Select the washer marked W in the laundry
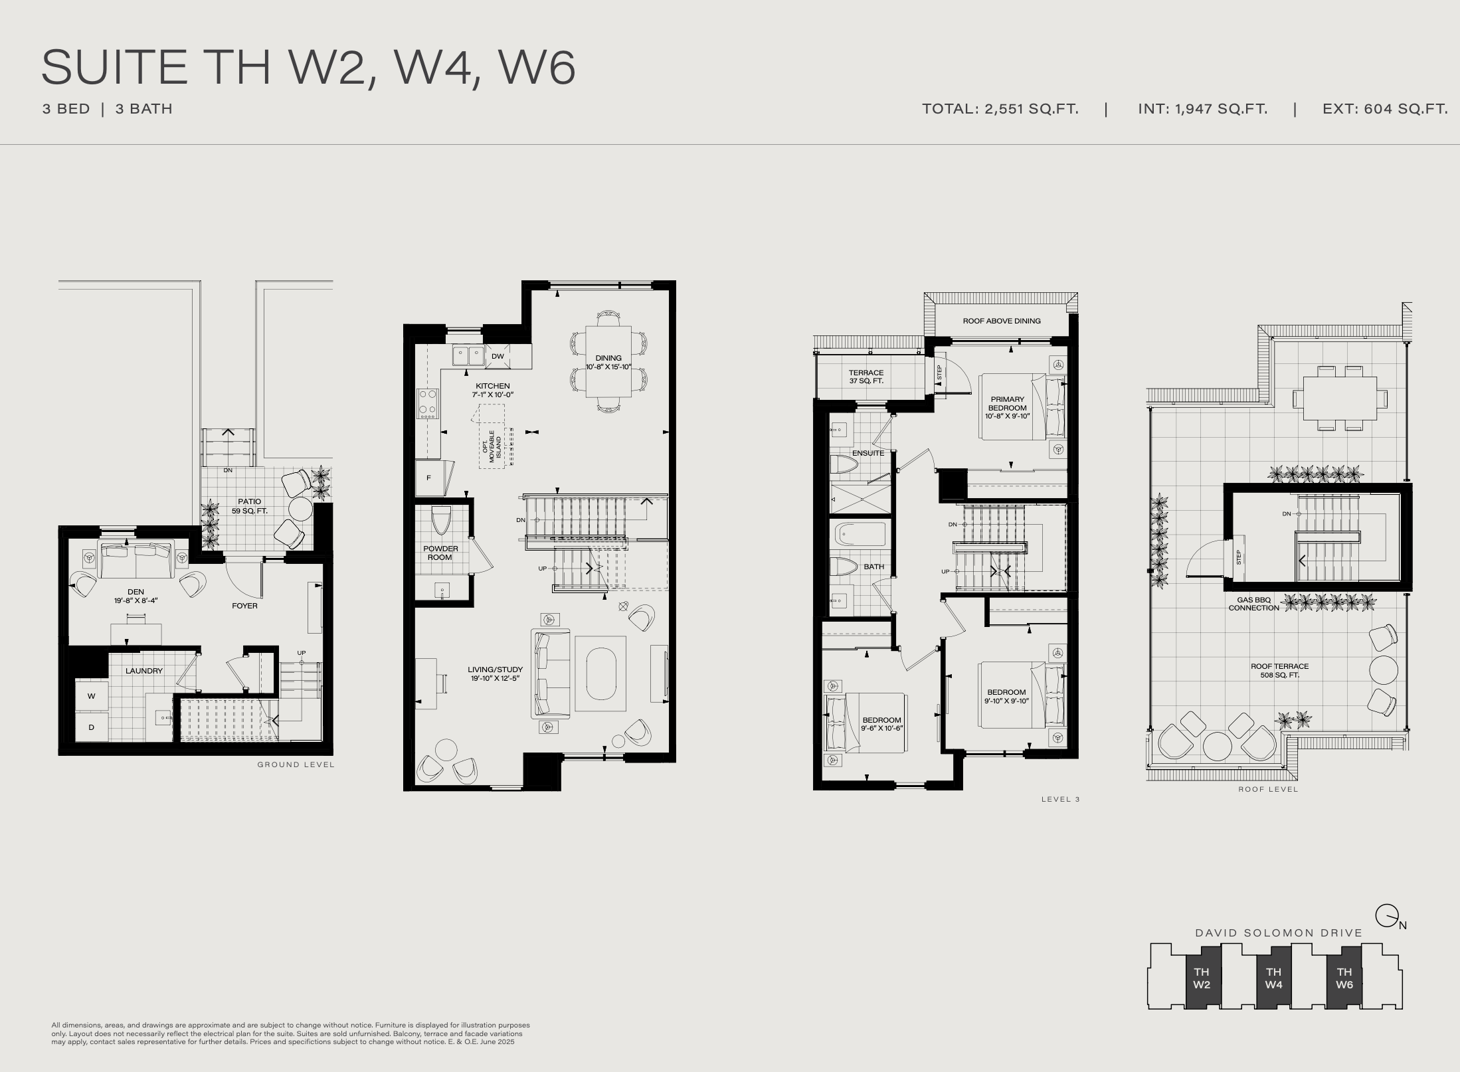(x=92, y=696)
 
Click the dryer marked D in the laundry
(x=92, y=727)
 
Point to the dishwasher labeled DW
(x=498, y=356)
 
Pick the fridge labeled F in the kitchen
(x=429, y=478)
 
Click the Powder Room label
(x=440, y=553)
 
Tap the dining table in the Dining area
(x=608, y=362)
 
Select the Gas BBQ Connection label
(x=1254, y=604)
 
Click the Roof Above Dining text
(x=1002, y=321)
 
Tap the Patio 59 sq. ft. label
(x=250, y=506)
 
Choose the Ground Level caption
(x=296, y=764)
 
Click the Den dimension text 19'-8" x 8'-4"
(x=136, y=600)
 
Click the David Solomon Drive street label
(x=1279, y=933)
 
